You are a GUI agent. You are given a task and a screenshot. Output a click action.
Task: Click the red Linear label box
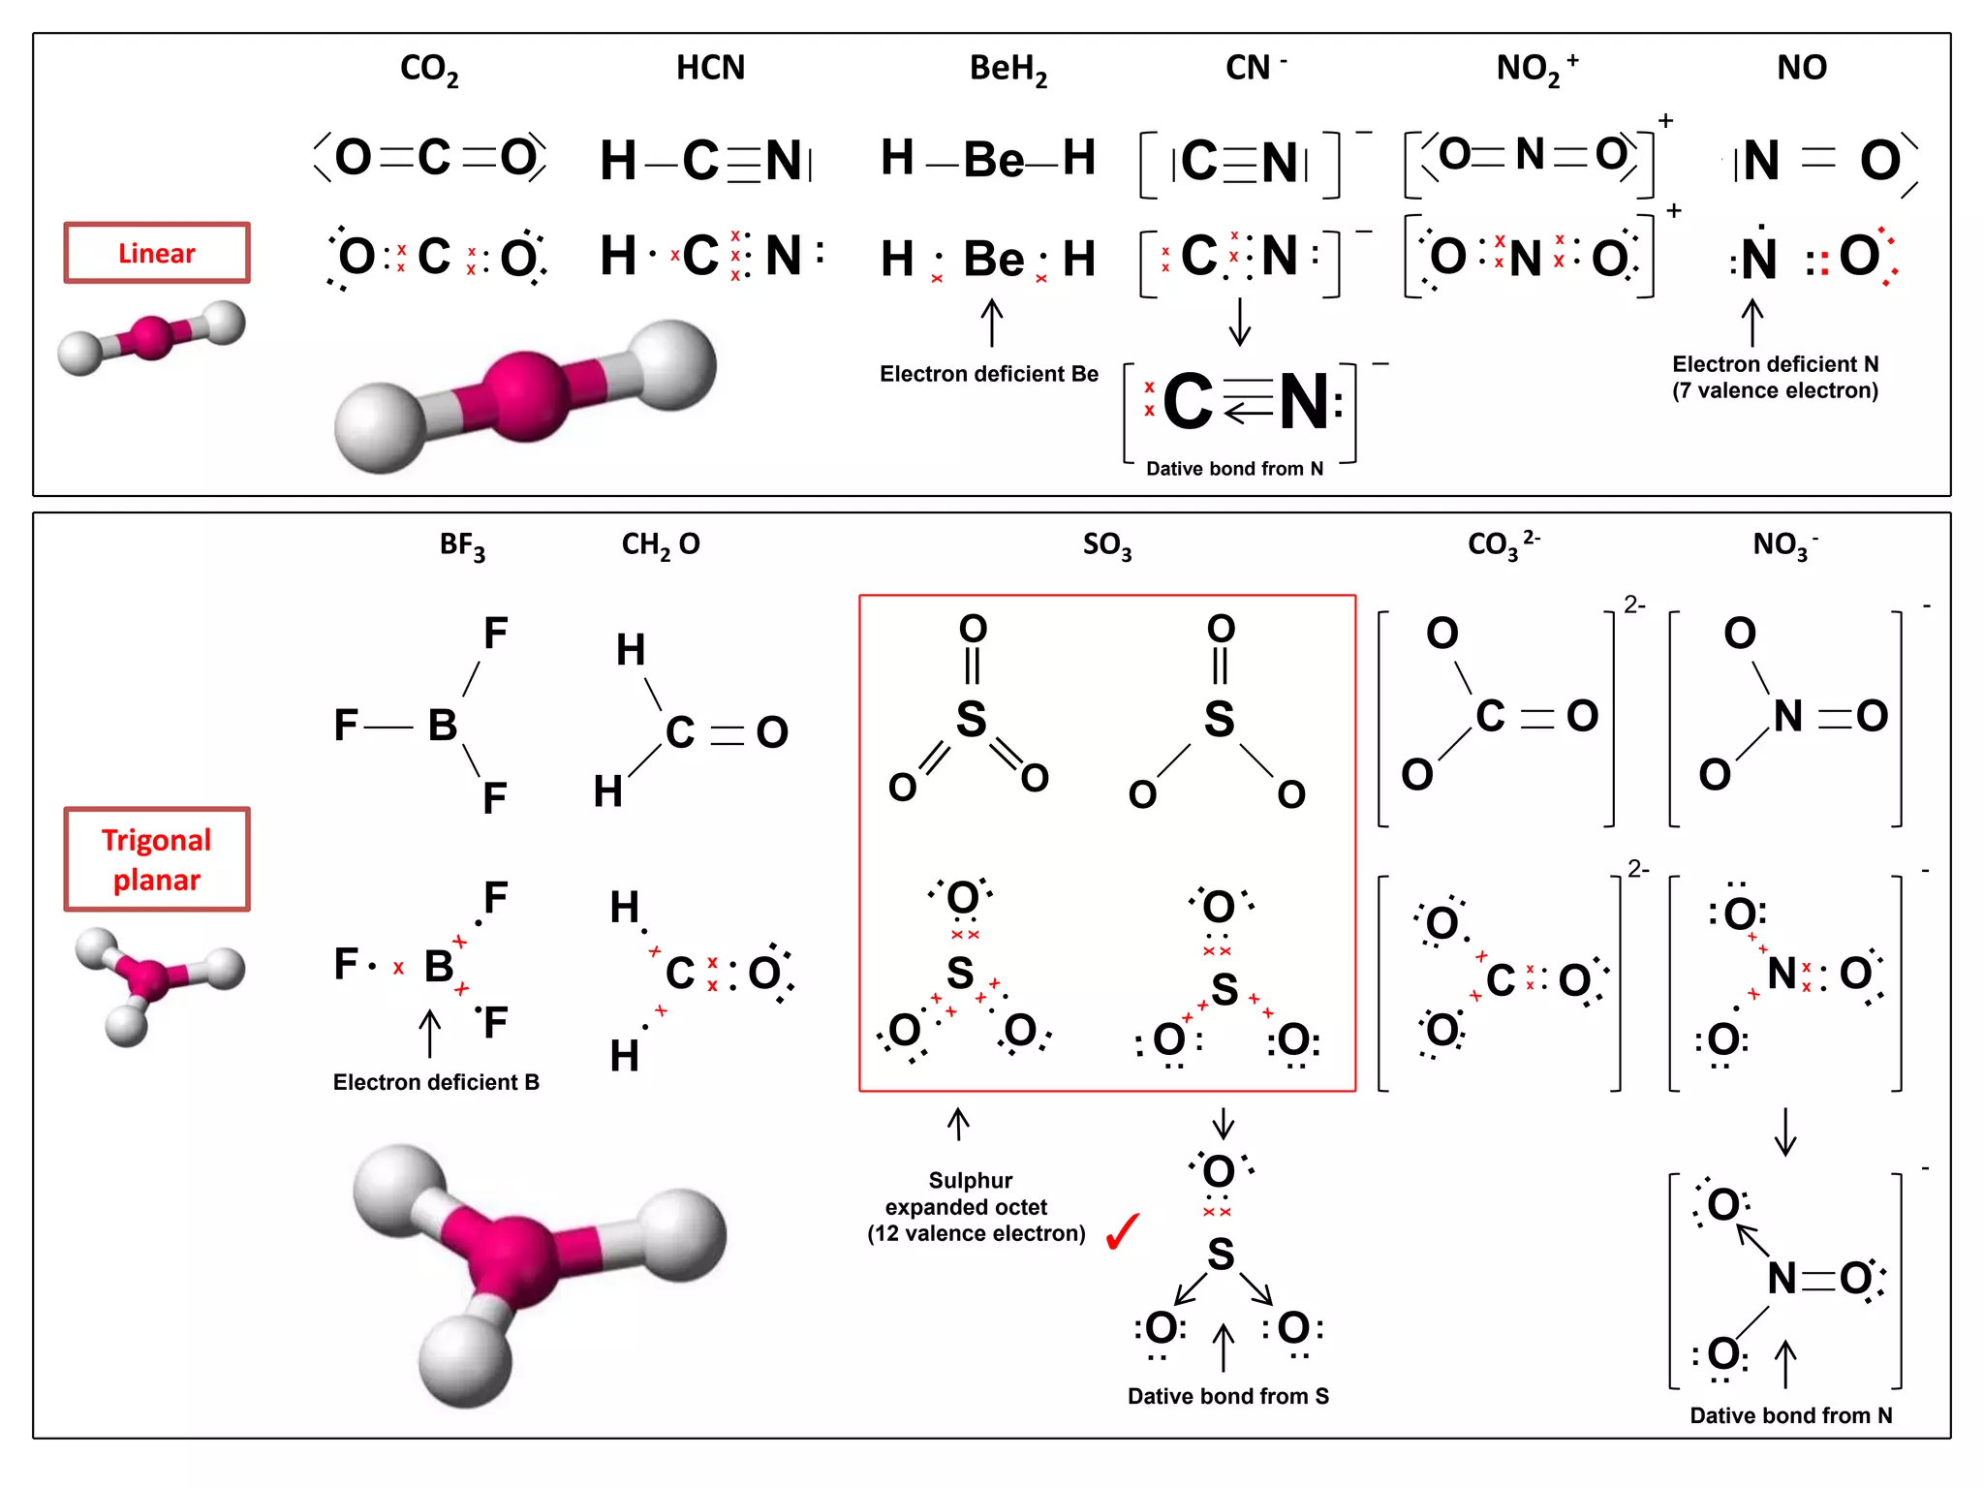click(x=157, y=253)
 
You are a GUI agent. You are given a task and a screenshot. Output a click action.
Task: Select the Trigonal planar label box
click(x=157, y=859)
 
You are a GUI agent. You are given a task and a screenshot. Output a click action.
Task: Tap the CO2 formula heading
click(x=429, y=69)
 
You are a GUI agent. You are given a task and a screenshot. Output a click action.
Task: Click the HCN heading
click(x=710, y=68)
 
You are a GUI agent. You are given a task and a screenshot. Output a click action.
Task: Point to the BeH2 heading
click(x=1007, y=69)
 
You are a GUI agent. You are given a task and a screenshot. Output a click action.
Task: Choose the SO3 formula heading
click(x=1106, y=545)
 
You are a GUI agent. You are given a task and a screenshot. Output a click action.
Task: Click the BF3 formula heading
click(x=462, y=545)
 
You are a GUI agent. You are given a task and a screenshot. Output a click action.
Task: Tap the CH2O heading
click(x=660, y=545)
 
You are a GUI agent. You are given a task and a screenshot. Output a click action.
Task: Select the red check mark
click(x=1123, y=1231)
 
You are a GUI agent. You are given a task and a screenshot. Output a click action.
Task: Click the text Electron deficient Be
click(x=988, y=374)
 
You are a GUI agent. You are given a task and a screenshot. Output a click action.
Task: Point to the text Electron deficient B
click(x=436, y=1082)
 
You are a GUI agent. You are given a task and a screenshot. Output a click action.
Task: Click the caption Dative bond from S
click(x=1227, y=1396)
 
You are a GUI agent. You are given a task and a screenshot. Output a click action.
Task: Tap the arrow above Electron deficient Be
click(x=991, y=322)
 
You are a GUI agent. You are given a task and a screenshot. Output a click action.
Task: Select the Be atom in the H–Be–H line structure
click(x=993, y=159)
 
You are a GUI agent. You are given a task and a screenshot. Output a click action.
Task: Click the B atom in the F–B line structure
click(x=442, y=725)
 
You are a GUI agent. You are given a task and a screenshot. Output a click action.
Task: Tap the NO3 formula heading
click(x=1783, y=545)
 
